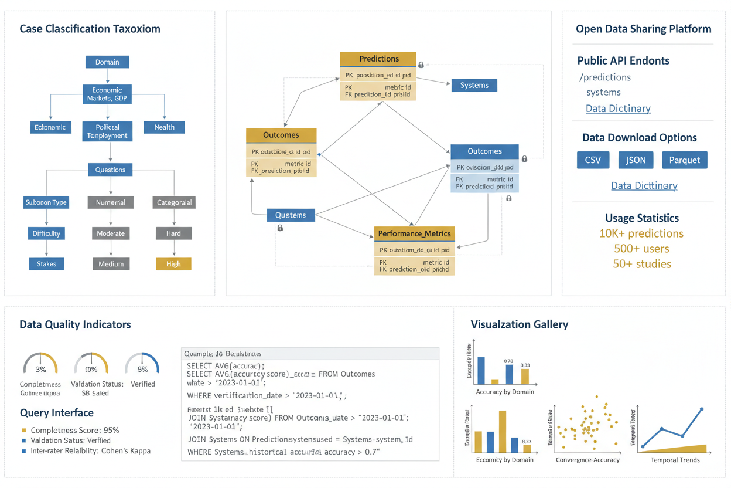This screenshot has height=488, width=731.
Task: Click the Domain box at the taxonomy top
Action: coord(107,62)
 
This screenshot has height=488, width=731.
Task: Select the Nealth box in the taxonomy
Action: coord(164,127)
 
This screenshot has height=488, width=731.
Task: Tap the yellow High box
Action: coord(173,264)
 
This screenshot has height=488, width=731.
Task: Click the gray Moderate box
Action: coord(111,233)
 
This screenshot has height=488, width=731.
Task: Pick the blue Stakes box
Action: coord(46,264)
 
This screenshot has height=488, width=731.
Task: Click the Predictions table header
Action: coord(378,59)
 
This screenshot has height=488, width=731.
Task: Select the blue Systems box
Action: coord(474,85)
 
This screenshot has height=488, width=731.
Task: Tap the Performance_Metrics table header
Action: coord(414,233)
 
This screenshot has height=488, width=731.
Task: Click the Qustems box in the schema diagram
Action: coord(291,215)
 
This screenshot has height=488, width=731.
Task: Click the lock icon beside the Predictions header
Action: coord(421,65)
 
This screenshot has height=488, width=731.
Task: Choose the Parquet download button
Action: coord(684,160)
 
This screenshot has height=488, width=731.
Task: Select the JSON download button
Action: coord(636,160)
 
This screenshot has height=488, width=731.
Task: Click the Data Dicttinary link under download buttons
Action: coord(644,185)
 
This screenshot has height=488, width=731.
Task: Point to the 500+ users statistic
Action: coord(641,249)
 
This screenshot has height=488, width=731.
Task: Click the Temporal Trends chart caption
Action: coord(675,460)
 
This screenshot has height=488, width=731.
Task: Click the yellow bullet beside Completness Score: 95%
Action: coord(23,430)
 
